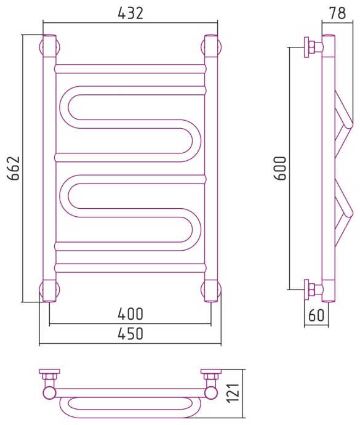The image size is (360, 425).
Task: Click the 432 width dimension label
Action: pos(130,13)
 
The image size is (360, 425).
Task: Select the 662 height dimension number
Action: pos(14,168)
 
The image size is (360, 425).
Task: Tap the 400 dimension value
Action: pos(130,314)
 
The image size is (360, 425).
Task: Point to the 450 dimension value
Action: pos(130,333)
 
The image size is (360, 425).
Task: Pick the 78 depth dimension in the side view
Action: pos(337,13)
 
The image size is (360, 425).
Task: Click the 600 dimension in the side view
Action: pos(280,168)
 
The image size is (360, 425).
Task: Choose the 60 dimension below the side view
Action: pos(316,315)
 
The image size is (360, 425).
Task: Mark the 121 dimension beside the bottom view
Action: pos(233,393)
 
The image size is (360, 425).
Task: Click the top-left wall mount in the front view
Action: pos(50,47)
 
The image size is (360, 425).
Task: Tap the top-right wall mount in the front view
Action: pos(211,47)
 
